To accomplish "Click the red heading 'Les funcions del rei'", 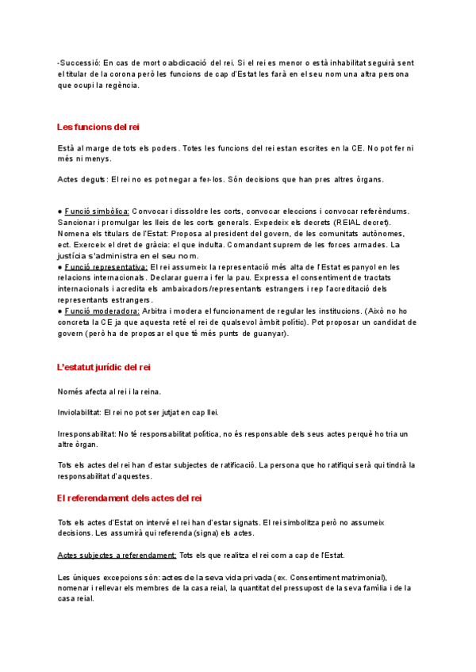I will [98, 127].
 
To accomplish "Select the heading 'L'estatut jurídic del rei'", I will [103, 368].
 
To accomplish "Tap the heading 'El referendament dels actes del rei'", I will [129, 498].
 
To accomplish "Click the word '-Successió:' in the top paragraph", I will [79, 62].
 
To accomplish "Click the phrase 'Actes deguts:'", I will [83, 179].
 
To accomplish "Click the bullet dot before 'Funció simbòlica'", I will [59, 212].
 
